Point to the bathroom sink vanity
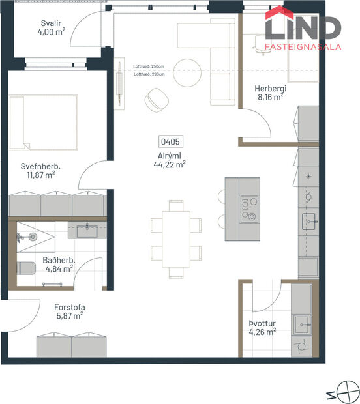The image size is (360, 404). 87,230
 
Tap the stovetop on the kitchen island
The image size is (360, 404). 249,209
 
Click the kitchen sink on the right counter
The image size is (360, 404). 308,221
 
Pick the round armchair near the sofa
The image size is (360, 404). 157,98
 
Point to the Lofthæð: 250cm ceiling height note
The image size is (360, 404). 149,66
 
